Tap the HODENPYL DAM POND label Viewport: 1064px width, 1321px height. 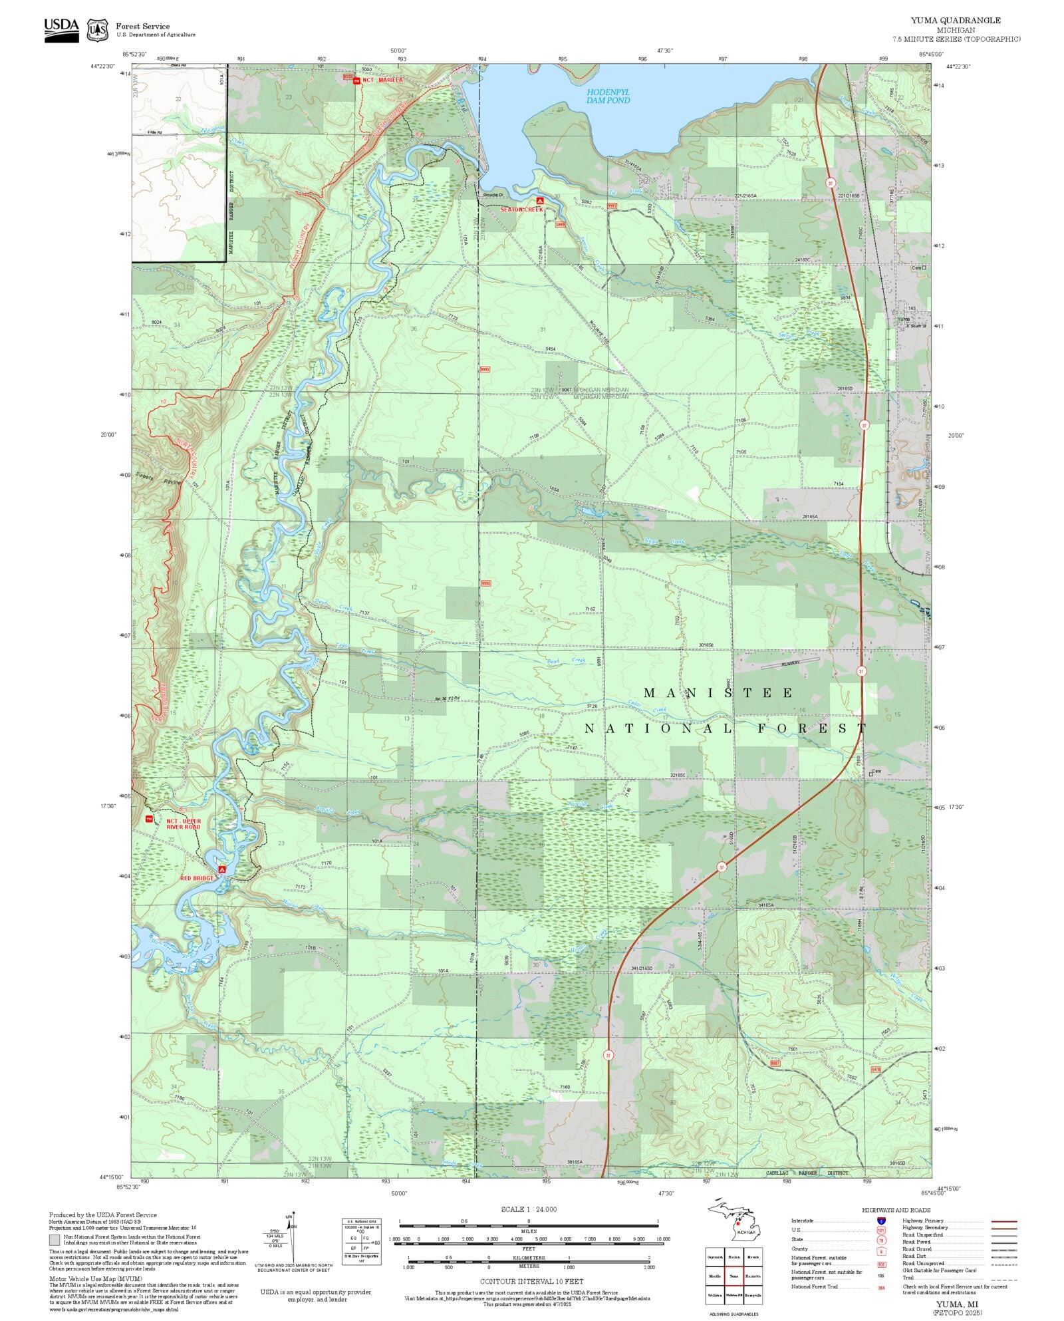click(608, 96)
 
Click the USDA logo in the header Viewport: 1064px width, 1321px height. click(61, 31)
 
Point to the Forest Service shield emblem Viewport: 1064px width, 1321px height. click(98, 30)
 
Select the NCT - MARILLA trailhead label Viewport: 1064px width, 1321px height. click(382, 80)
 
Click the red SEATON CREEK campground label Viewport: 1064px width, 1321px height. click(521, 210)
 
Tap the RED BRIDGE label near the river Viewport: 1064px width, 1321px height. click(197, 878)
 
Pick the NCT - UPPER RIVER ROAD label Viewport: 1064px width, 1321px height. click(183, 824)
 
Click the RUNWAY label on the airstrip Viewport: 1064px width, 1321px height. click(791, 663)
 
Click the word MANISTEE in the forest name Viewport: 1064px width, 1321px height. click(718, 693)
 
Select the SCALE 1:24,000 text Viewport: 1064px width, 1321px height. click(529, 1209)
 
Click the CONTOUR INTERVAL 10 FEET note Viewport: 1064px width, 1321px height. click(531, 1281)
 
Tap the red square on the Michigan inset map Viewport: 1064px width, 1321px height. click(737, 1223)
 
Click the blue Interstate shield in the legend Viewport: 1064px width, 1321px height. click(881, 1221)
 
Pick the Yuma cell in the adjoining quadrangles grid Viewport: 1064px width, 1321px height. click(733, 1276)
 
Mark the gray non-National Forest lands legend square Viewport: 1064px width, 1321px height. click(55, 1240)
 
